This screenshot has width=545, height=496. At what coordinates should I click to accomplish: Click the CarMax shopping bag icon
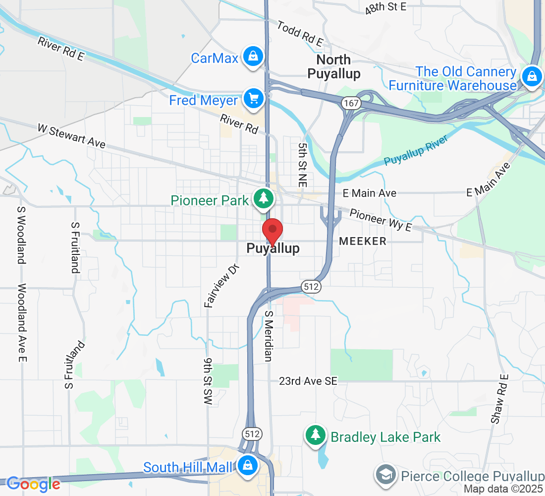pyautogui.click(x=253, y=56)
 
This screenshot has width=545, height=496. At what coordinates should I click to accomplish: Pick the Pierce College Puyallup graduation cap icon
pyautogui.click(x=385, y=474)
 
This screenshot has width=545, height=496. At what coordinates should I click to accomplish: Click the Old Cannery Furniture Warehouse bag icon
pyautogui.click(x=531, y=76)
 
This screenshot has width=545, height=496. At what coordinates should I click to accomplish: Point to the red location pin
pyautogui.click(x=272, y=232)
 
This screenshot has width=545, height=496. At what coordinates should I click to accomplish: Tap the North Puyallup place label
pyautogui.click(x=333, y=67)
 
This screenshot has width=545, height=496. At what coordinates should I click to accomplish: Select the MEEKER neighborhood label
pyautogui.click(x=363, y=242)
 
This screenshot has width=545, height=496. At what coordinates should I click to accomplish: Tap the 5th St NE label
pyautogui.click(x=303, y=165)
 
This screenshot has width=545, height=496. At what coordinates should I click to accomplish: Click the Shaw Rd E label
pyautogui.click(x=500, y=398)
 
